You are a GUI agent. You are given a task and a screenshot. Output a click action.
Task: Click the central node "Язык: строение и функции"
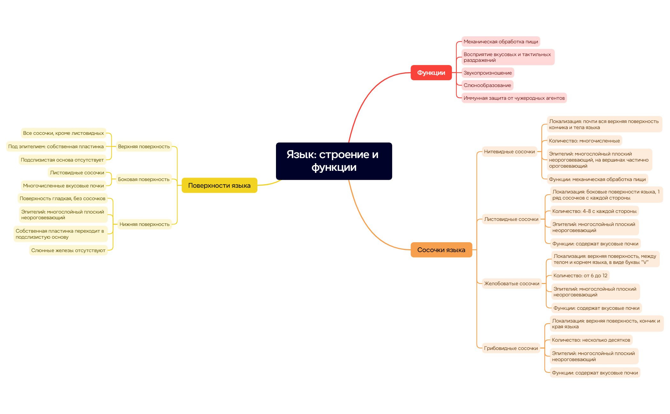click(x=334, y=161)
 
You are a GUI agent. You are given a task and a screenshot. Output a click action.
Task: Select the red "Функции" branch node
click(x=431, y=73)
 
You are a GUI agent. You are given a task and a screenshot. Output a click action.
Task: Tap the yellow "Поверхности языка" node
click(x=219, y=185)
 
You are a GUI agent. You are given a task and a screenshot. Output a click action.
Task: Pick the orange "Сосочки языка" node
click(x=441, y=250)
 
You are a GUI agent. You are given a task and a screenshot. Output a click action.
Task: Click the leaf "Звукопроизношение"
click(x=488, y=73)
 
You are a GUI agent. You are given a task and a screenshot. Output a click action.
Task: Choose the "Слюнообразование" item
click(x=487, y=85)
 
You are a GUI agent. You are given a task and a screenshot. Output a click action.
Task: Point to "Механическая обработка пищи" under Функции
click(x=501, y=42)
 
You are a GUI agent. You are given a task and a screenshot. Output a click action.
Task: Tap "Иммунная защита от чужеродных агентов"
click(x=514, y=98)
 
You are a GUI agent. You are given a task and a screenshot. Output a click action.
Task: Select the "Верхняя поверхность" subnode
click(x=144, y=147)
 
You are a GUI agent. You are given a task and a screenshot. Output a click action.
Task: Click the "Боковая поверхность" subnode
click(x=144, y=179)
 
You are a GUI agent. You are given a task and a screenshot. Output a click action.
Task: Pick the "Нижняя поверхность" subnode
click(x=144, y=224)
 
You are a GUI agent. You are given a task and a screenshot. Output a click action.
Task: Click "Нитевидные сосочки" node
click(x=509, y=152)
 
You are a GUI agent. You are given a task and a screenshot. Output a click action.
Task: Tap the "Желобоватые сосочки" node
click(x=511, y=284)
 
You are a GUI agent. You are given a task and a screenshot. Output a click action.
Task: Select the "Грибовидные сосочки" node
click(x=511, y=348)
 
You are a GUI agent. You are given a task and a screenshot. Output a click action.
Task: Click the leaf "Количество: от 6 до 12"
click(x=580, y=276)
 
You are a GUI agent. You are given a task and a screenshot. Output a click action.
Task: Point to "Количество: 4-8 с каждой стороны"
click(x=594, y=211)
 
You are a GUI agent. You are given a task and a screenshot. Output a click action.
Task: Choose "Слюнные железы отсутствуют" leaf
click(x=68, y=251)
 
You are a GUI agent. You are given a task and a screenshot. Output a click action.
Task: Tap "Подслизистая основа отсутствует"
click(x=62, y=160)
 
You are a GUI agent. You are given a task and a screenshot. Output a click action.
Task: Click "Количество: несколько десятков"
click(x=591, y=340)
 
